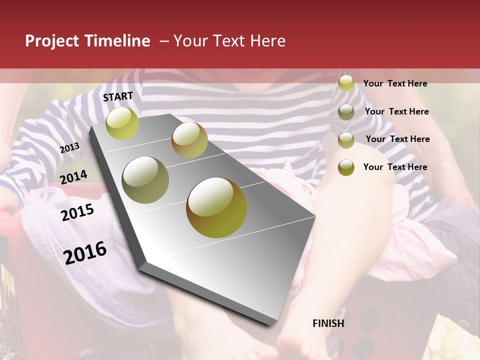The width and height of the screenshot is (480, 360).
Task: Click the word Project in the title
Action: pyautogui.click(x=52, y=41)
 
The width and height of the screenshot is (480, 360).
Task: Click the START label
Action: pyautogui.click(x=118, y=96)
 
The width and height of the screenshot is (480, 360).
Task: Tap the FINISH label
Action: pyautogui.click(x=328, y=323)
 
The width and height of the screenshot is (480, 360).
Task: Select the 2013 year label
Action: pyautogui.click(x=69, y=148)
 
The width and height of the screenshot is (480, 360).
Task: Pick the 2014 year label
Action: pyautogui.click(x=73, y=177)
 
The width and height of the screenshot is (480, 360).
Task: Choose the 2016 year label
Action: pyautogui.click(x=85, y=252)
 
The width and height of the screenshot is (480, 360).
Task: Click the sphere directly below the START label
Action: pyautogui.click(x=122, y=123)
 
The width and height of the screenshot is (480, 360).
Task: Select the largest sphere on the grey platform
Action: pyautogui.click(x=216, y=207)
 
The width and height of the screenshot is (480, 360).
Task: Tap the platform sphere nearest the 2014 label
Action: pyautogui.click(x=145, y=180)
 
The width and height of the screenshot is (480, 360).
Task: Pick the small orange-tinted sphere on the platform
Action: pyautogui.click(x=189, y=140)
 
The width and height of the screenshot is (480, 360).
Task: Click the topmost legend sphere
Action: pyautogui.click(x=346, y=83)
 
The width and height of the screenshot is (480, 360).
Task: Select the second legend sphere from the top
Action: pyautogui.click(x=346, y=112)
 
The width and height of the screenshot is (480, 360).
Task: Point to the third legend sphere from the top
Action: pyautogui.click(x=346, y=140)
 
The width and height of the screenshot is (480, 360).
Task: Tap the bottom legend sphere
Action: pyautogui.click(x=346, y=167)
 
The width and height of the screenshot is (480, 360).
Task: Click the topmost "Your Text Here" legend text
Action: pyautogui.click(x=395, y=83)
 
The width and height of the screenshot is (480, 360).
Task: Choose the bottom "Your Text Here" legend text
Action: pyautogui.click(x=395, y=167)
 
